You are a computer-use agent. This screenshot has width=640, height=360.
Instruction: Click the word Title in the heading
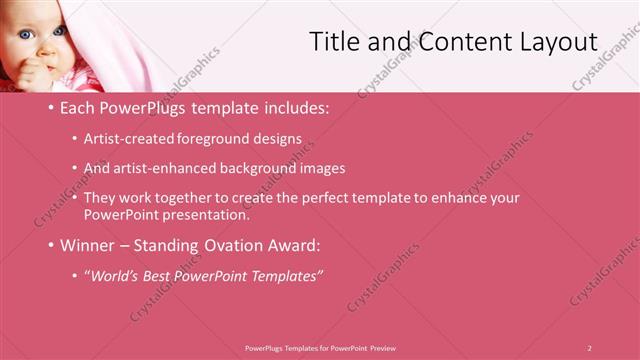(x=335, y=42)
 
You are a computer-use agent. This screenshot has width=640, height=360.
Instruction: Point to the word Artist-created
(x=128, y=138)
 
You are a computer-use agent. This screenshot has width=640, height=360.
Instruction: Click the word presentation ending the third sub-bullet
(x=204, y=214)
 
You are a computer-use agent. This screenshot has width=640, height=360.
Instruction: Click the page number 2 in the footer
(x=589, y=347)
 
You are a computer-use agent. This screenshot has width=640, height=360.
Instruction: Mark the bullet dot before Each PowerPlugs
(x=52, y=107)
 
